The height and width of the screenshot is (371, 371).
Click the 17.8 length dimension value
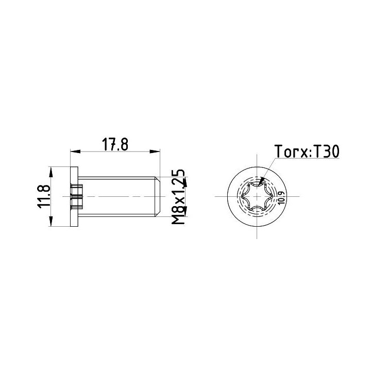115,145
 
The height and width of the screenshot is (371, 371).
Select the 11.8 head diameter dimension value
44,196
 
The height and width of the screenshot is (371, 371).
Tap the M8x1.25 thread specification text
178,197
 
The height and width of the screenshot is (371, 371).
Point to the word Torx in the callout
291,151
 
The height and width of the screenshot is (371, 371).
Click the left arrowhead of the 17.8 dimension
75,151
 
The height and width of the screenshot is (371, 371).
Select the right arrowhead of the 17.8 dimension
155,151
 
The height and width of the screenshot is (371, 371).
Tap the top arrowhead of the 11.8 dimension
50,172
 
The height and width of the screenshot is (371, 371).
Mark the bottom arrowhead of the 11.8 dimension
50,221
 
